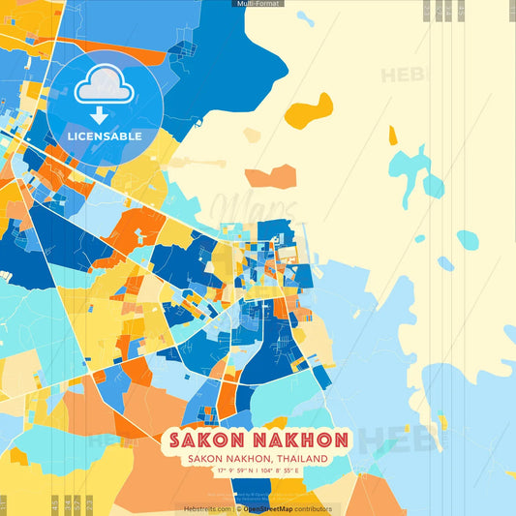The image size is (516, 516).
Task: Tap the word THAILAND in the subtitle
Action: [296, 459]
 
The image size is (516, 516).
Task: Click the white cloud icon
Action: [104, 89]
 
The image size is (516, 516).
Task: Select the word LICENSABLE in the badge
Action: [104, 137]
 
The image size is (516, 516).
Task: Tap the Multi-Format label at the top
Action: [258, 4]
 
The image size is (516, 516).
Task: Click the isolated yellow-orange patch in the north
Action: [310, 109]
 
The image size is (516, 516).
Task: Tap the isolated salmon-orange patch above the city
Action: [270, 177]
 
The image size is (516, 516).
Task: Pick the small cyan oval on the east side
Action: [468, 239]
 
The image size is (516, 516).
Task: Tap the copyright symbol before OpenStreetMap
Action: [238, 508]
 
